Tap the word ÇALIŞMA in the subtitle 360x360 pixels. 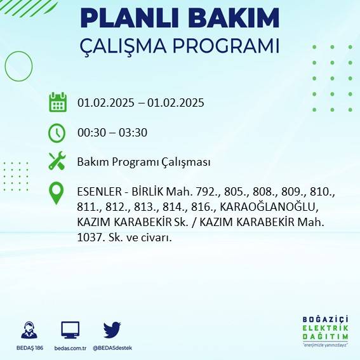pos(130,47)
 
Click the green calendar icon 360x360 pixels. pos(58,102)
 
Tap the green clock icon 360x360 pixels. pos(57,133)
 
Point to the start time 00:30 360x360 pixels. pos(90,133)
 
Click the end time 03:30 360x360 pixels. pos(132,133)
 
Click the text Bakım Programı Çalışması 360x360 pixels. pos(143,163)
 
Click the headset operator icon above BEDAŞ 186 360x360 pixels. pos(29,330)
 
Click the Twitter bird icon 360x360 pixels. pos(112,330)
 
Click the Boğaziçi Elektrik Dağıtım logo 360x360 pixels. pos(326,331)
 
